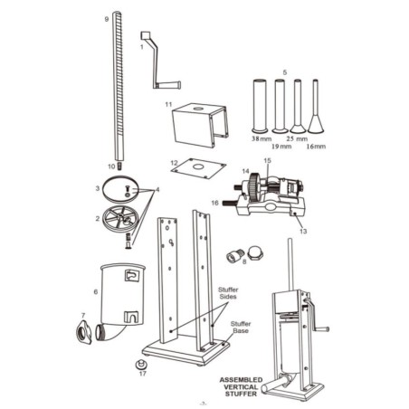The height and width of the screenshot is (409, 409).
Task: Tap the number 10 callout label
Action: point(109,166)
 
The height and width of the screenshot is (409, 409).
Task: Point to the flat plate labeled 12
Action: point(196,166)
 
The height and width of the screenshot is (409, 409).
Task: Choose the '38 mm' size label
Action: point(257,140)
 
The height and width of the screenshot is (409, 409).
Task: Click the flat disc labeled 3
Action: point(119,186)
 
